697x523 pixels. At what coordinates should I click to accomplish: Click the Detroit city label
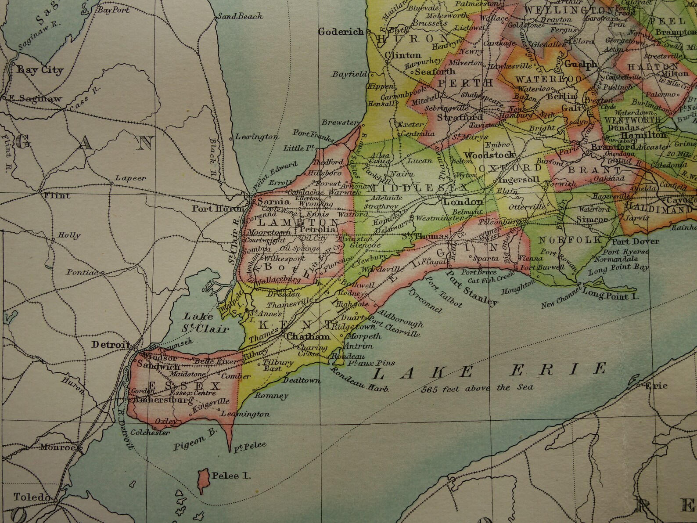point(111,345)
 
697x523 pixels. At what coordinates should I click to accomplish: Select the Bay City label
point(40,70)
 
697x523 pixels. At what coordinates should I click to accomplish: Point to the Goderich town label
point(341,31)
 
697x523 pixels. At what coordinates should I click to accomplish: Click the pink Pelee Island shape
point(203,477)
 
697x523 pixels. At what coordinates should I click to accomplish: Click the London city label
point(463,202)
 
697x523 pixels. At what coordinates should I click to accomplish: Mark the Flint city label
point(57,195)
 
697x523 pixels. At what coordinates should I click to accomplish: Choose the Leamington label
point(244,414)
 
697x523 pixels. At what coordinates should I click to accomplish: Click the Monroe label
point(57,447)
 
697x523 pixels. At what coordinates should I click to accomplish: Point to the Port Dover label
point(635,241)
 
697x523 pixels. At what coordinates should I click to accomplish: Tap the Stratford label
point(460,117)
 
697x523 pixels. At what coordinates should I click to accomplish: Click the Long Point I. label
point(611,296)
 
